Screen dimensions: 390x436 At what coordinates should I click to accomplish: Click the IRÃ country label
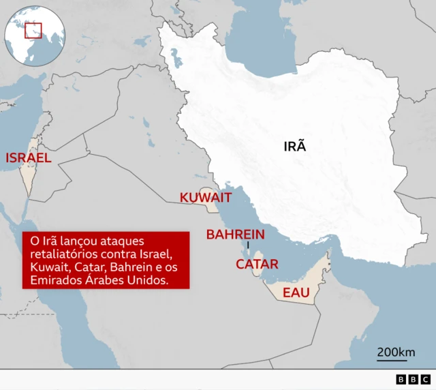[295, 146]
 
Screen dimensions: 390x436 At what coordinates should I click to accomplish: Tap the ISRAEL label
[29, 158]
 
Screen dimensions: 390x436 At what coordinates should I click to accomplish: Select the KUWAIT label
[206, 198]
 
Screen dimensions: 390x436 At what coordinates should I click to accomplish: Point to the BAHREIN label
[236, 235]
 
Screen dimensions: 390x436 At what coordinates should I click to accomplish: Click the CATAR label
[257, 264]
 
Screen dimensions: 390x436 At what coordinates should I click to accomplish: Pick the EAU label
[296, 292]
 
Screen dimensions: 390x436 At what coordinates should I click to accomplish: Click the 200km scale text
[396, 352]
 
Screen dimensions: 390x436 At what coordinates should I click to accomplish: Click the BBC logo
[413, 380]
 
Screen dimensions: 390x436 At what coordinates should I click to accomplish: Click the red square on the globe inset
[33, 30]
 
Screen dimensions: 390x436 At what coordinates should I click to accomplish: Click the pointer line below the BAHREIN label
[249, 245]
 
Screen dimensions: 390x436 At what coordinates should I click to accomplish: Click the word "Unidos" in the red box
[147, 281]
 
